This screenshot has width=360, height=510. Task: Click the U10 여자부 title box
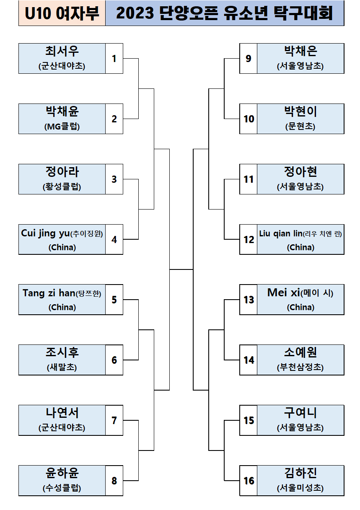(62, 14)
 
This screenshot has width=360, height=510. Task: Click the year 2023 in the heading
(135, 14)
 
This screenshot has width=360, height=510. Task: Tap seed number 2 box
(114, 119)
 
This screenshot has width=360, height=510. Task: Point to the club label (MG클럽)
(62, 127)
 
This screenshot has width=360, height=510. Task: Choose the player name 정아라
(62, 172)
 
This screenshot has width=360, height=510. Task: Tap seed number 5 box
(114, 300)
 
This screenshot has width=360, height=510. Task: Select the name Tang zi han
(48, 293)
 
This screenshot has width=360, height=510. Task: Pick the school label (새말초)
(62, 368)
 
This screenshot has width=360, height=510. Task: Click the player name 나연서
(62, 413)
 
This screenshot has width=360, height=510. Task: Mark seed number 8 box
(114, 481)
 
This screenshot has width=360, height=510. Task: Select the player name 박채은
(300, 51)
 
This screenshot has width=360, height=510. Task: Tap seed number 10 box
(249, 119)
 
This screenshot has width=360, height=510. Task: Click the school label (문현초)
(300, 127)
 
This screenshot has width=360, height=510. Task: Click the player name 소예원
(300, 352)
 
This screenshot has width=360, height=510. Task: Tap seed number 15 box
(249, 420)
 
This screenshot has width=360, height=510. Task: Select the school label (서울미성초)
(300, 488)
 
